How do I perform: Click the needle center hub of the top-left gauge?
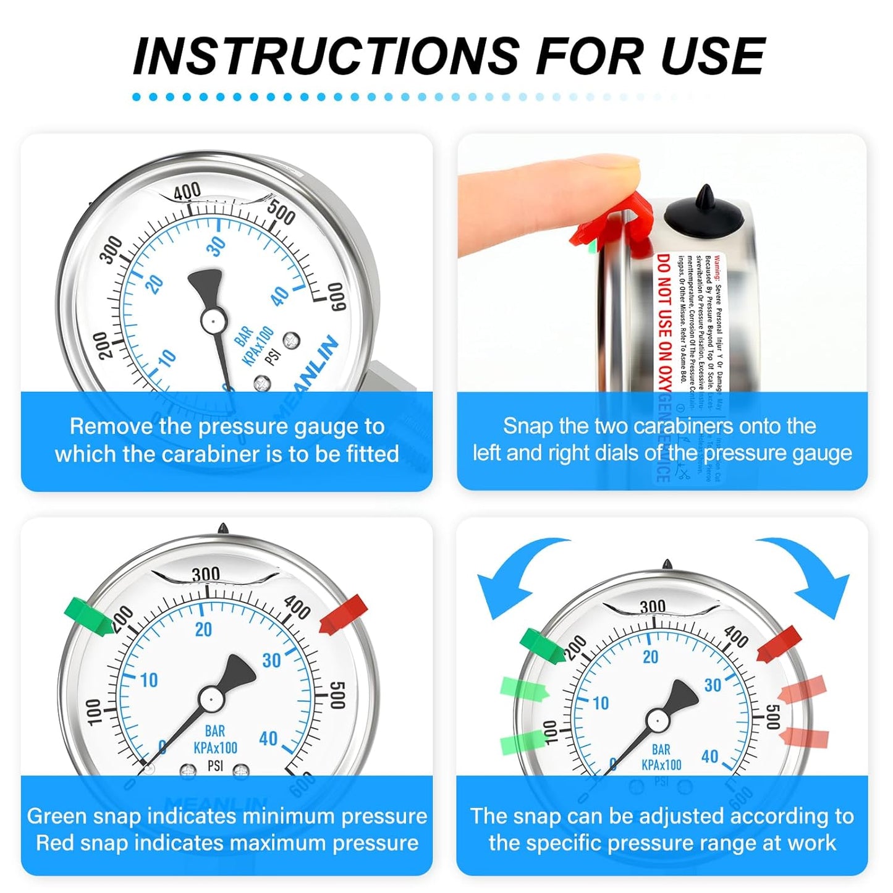coord(212,320)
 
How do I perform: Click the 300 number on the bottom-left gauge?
coord(205,575)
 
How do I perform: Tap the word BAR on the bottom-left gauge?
coord(214,731)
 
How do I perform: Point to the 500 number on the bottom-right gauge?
coord(772,717)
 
